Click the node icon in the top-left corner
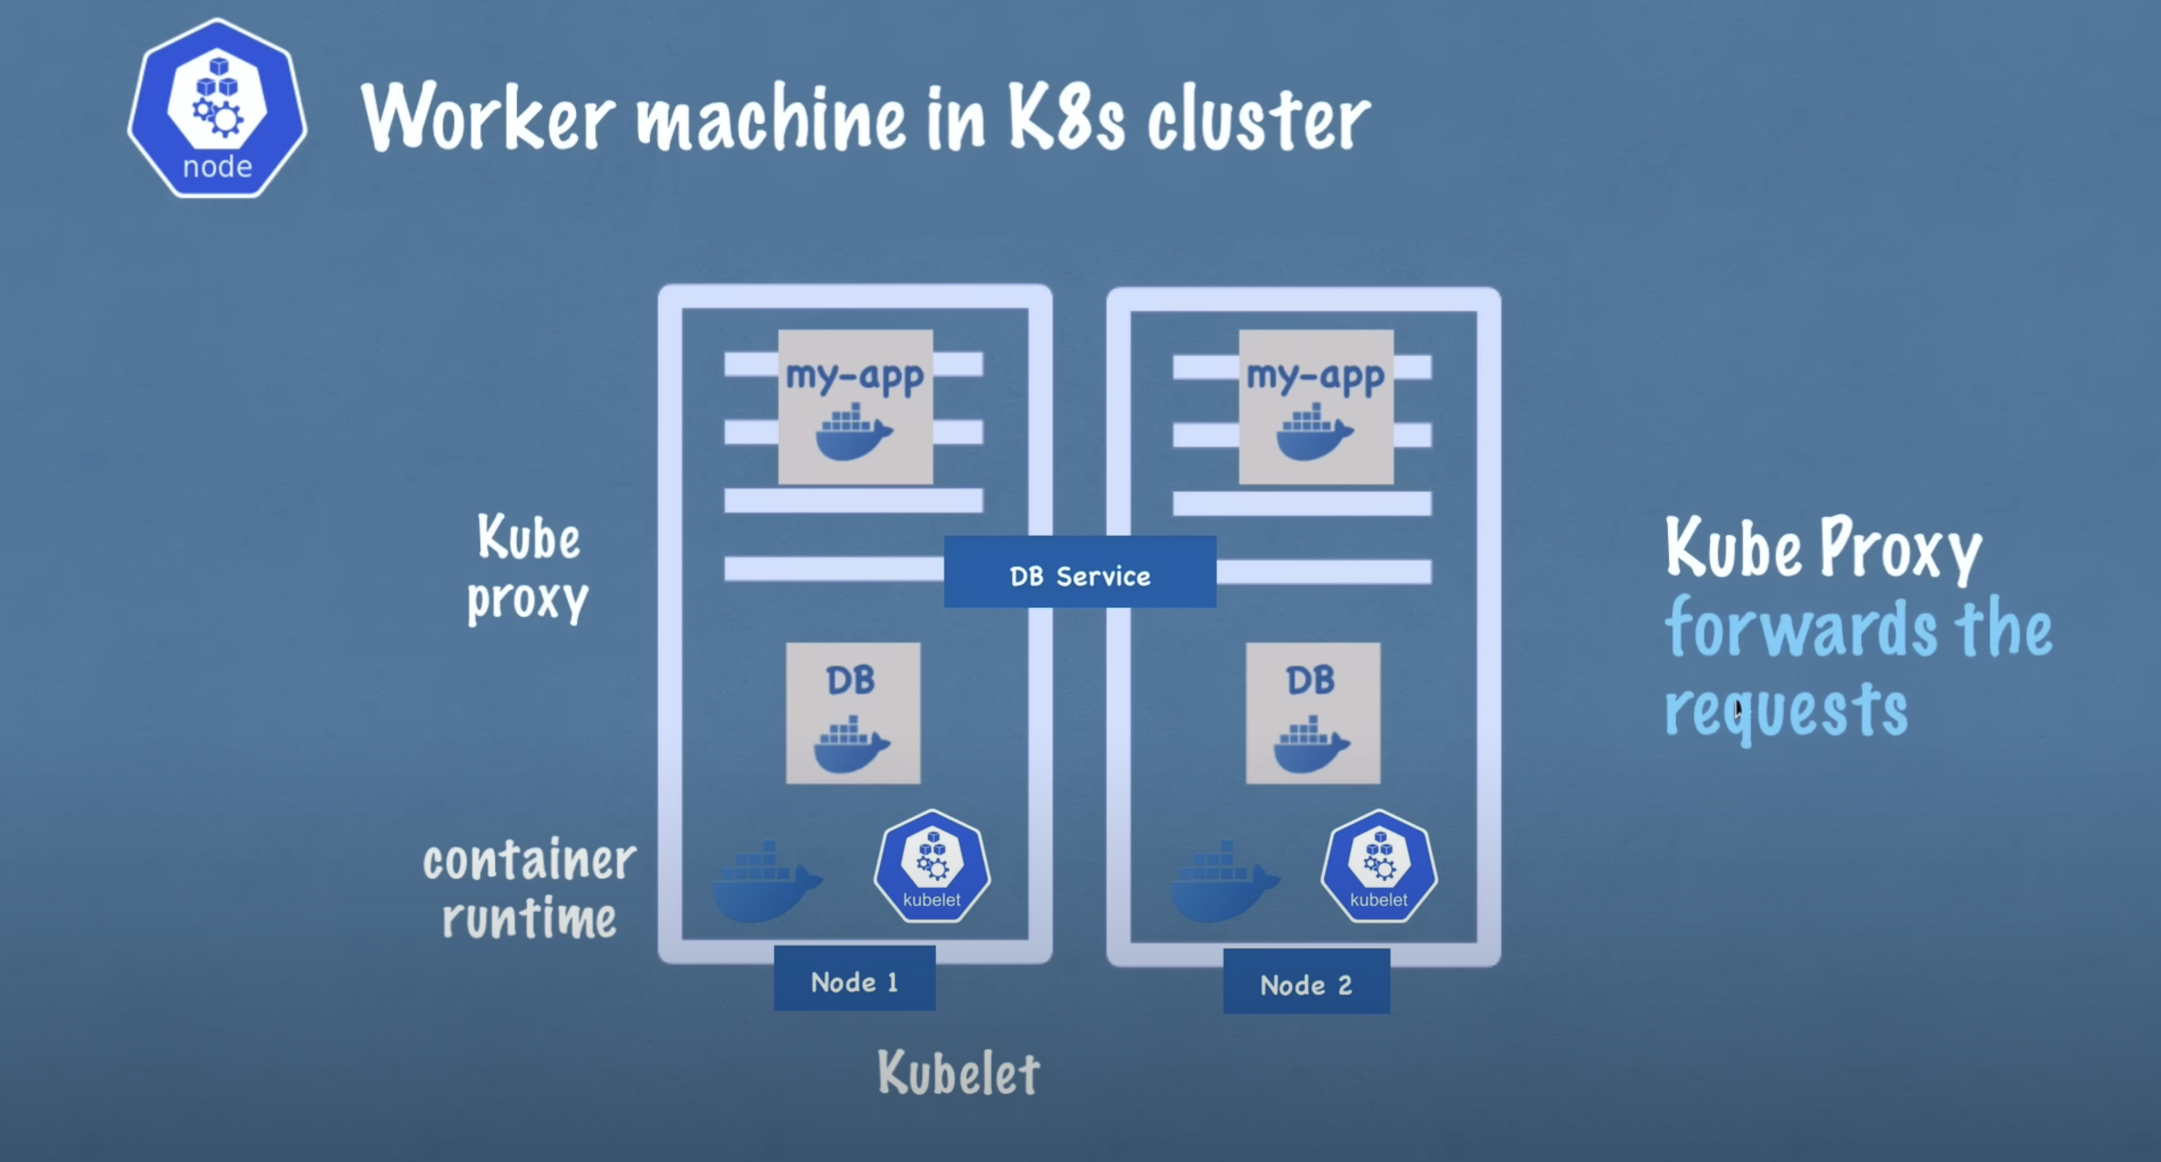pyautogui.click(x=217, y=109)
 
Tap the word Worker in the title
pyautogui.click(x=489, y=117)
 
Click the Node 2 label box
pyautogui.click(x=1306, y=983)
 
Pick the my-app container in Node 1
pyautogui.click(x=855, y=407)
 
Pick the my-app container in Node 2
pyautogui.click(x=1315, y=407)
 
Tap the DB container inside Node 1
pyautogui.click(x=852, y=713)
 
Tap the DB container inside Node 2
pyautogui.click(x=1312, y=713)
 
